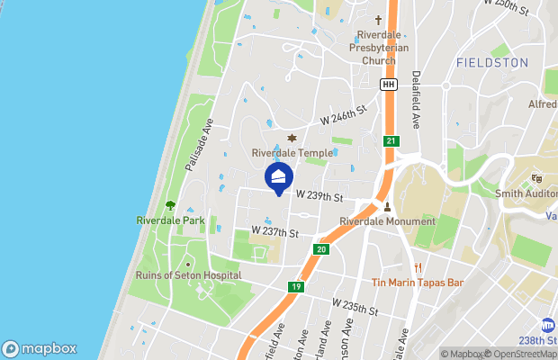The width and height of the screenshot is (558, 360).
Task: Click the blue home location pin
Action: [279, 176]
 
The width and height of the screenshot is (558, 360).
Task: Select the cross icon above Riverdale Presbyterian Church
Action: [379, 20]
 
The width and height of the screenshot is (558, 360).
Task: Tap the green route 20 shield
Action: [321, 249]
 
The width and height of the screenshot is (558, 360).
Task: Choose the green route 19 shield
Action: [296, 288]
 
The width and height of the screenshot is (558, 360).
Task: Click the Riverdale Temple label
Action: [292, 153]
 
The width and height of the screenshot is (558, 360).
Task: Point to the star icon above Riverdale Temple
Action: [291, 138]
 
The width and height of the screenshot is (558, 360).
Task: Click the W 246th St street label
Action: [345, 114]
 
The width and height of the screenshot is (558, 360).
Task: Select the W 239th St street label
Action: [320, 196]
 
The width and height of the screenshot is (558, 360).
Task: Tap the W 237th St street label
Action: [274, 231]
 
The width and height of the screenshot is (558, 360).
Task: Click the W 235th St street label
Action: [355, 307]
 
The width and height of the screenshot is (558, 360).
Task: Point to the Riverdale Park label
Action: [171, 220]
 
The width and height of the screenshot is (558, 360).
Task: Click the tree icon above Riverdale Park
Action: [171, 205]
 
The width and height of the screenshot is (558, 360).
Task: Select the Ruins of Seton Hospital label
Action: [187, 275]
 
